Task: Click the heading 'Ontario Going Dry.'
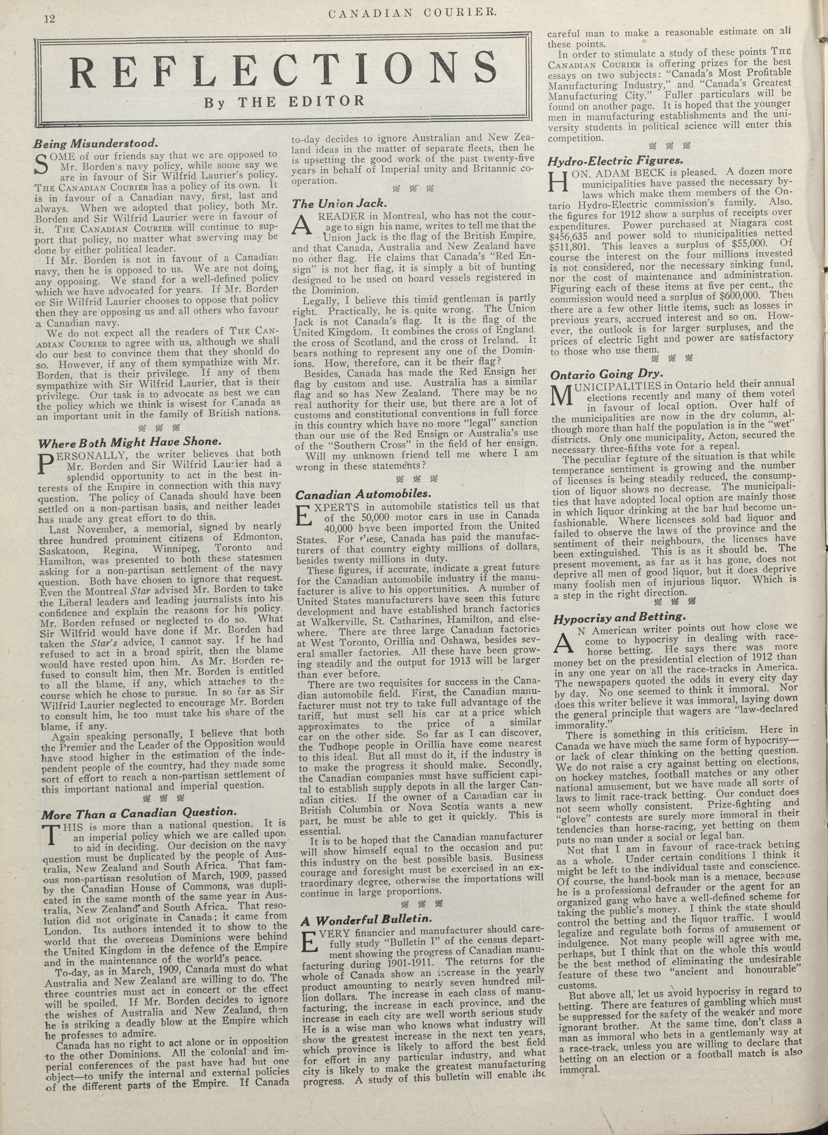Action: (606, 374)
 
